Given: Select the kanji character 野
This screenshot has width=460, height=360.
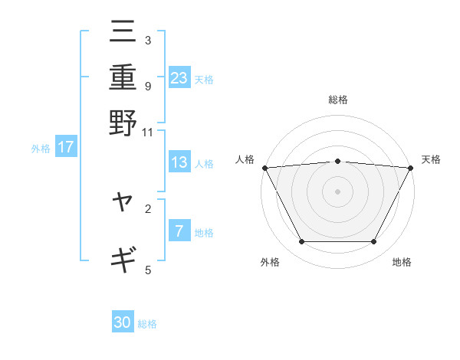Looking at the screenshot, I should [123, 123].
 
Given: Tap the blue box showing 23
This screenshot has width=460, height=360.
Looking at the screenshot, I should [179, 78].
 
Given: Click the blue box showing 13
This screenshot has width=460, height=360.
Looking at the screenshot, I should [179, 163].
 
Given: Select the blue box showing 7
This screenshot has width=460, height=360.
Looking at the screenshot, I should [179, 231].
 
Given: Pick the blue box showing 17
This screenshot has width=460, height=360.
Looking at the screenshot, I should [65, 148].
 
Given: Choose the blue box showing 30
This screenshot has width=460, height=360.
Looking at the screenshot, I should [123, 323].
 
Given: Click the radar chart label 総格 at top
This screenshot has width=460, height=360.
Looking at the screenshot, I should [338, 100].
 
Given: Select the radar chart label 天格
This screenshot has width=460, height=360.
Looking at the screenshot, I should [431, 159].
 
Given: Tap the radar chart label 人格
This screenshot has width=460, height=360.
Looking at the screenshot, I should [245, 159].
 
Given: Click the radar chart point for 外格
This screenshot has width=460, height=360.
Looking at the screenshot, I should [301, 242].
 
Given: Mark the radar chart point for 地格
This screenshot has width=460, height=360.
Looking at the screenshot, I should [374, 242].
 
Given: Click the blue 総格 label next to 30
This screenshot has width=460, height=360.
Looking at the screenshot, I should [147, 324].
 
